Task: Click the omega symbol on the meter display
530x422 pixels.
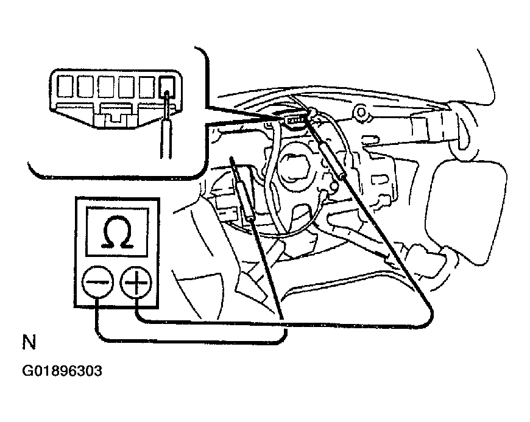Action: click(117, 232)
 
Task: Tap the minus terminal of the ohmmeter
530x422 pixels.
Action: click(97, 282)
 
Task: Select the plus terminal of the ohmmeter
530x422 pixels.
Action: click(136, 282)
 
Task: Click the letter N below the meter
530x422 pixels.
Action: click(29, 342)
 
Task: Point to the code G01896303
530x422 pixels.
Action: click(62, 371)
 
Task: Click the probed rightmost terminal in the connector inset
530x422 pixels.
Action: click(167, 87)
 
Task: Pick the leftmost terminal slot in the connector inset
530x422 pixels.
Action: click(65, 86)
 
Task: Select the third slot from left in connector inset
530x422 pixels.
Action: click(106, 86)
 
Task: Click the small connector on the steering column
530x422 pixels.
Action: click(295, 121)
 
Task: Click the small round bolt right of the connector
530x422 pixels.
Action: click(362, 112)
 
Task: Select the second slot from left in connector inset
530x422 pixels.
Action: click(85, 86)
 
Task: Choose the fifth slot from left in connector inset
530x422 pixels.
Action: click(147, 86)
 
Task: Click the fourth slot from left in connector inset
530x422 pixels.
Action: click(127, 86)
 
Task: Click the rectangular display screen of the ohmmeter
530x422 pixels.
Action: click(117, 232)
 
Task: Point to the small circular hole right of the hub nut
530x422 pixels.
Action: click(333, 186)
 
